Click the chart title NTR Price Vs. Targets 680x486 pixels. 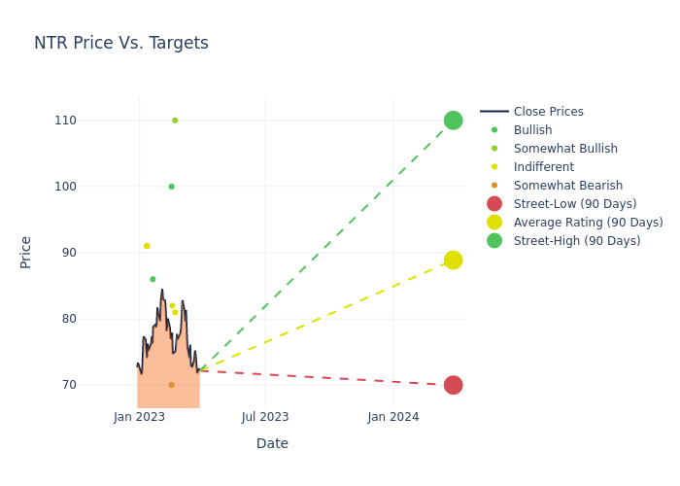coord(121,44)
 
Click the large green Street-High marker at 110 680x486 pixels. coord(453,121)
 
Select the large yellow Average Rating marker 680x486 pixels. coord(453,260)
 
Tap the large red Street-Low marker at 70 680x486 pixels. coord(453,385)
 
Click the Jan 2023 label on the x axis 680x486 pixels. coord(139,417)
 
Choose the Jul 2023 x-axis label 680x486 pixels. coord(265,417)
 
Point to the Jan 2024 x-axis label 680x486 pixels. coord(393,417)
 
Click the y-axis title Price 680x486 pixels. coord(26,252)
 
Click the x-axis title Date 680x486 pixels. coord(272,444)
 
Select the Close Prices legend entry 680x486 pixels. coord(548,112)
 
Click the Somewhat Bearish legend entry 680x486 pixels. coord(567,186)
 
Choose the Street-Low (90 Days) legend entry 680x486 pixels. coord(574,204)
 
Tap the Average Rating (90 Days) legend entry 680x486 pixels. coord(588,223)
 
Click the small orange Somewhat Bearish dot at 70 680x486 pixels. coord(171,385)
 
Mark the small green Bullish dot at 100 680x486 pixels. coord(171,187)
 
